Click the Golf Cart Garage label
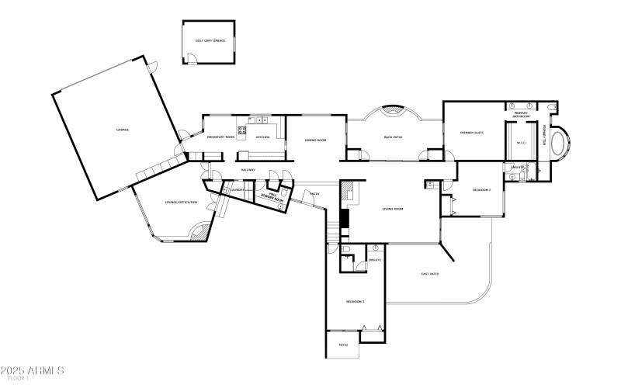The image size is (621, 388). coord(210,40)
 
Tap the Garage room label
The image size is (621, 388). coord(123,130)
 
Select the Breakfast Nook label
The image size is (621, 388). coord(220,137)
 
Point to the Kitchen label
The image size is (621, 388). coord(263,137)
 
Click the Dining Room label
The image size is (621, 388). coord(315,140)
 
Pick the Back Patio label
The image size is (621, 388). coord(393,137)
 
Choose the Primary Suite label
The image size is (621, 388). coord(472,133)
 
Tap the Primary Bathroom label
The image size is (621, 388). coord(522,115)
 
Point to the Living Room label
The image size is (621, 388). coord(393,209)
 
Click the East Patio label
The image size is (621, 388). coord(430,273)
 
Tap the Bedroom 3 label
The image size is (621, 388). coord(356,301)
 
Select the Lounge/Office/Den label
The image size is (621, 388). coord(182,203)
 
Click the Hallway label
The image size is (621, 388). coord(248,169)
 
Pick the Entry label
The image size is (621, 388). coord(314,193)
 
